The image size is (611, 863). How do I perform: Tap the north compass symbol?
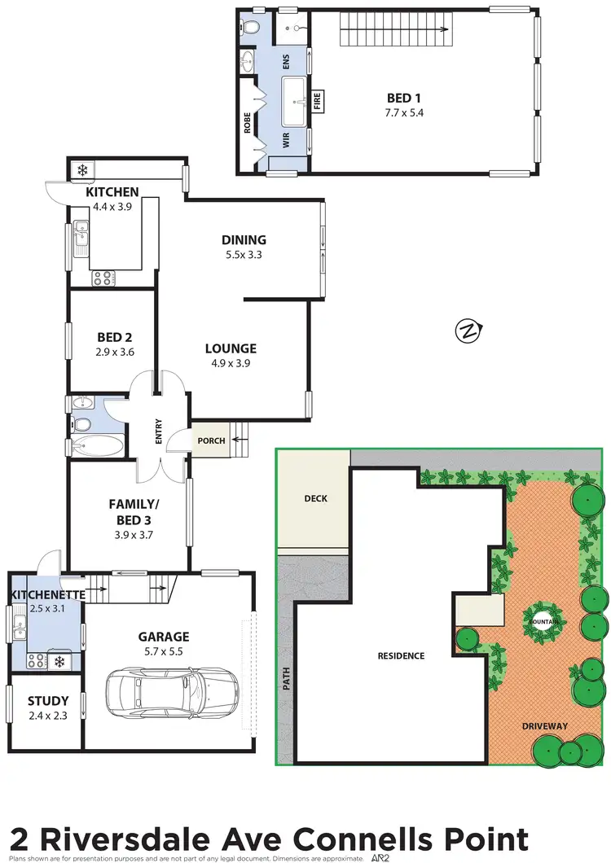[x=469, y=331]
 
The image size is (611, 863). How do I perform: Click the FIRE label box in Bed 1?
[x=318, y=102]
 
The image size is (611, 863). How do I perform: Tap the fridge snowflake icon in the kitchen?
[x=81, y=170]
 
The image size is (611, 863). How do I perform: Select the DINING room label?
[x=244, y=239]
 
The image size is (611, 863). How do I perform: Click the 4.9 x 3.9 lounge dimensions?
[x=231, y=363]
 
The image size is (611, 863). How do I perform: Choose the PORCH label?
[x=211, y=441]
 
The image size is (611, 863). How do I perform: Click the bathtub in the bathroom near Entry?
[x=96, y=446]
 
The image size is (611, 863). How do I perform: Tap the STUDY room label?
[x=48, y=700]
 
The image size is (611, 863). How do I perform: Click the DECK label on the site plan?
[x=314, y=498]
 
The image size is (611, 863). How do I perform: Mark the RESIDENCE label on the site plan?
[x=399, y=655]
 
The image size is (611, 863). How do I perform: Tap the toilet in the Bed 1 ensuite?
[x=253, y=28]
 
